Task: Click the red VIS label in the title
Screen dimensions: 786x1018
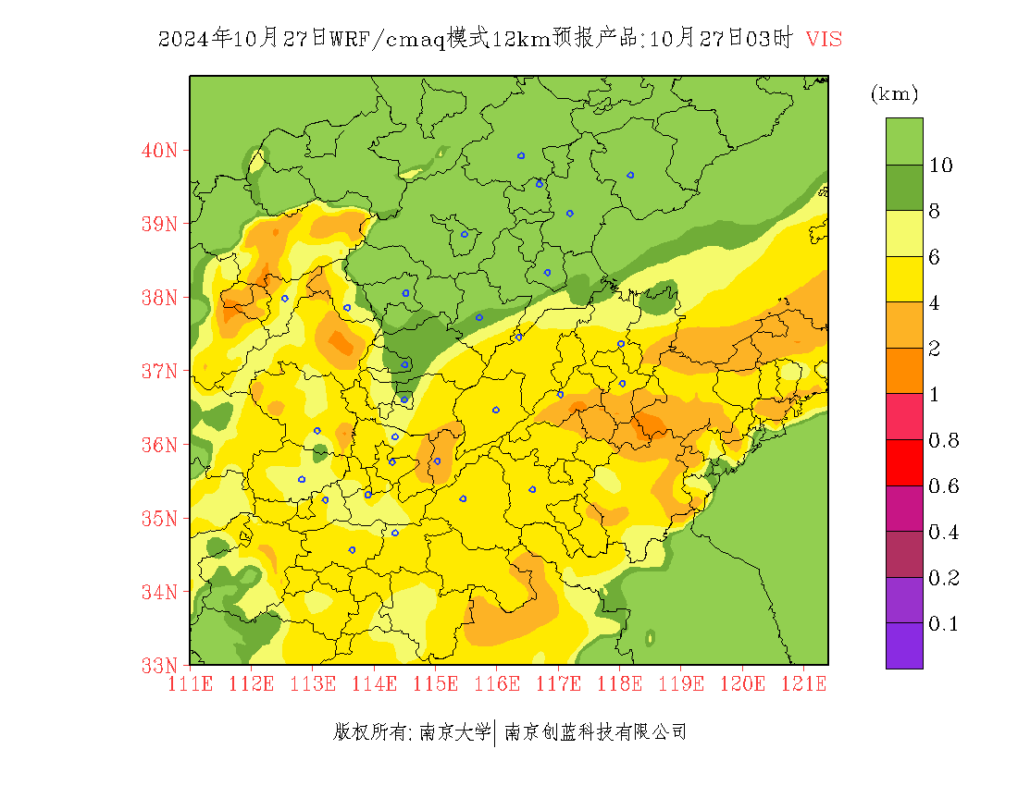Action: (824, 39)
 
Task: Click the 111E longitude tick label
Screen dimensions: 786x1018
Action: (190, 683)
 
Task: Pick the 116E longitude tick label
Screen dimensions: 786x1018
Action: (496, 683)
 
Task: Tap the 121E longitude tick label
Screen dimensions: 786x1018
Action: (803, 683)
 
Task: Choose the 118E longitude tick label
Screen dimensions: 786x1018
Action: (619, 683)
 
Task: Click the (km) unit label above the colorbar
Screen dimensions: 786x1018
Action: (894, 94)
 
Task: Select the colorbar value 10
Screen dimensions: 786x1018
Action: (941, 166)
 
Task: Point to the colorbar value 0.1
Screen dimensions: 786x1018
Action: (943, 624)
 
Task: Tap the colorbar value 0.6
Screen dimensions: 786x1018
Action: (943, 486)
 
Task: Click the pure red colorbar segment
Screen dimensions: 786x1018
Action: (904, 462)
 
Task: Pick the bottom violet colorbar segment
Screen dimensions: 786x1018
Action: (904, 645)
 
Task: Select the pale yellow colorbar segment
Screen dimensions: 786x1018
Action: (904, 233)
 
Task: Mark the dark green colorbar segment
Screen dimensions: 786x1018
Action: (904, 188)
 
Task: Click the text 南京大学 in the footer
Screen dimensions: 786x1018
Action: (454, 732)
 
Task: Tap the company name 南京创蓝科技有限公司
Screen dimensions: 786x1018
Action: (595, 732)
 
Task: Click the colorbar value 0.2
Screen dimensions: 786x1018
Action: (943, 578)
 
